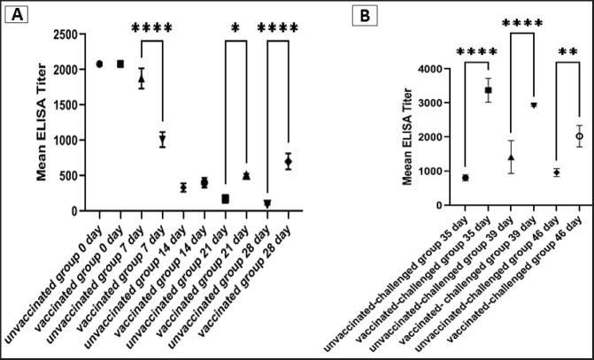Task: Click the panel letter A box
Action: (x=17, y=15)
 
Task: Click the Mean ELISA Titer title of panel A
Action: (x=42, y=122)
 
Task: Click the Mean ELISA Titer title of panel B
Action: (x=408, y=137)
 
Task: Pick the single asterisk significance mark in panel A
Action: (x=235, y=28)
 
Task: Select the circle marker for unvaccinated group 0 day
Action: (x=100, y=64)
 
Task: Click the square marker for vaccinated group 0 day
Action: (x=120, y=64)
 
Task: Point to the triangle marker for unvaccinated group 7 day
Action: (x=141, y=79)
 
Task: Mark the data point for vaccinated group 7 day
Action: (x=162, y=139)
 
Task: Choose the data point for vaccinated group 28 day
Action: (x=288, y=161)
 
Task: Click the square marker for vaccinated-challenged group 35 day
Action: (x=488, y=90)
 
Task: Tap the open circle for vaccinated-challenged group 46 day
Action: (x=580, y=136)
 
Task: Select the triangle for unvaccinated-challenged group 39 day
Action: (x=511, y=157)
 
